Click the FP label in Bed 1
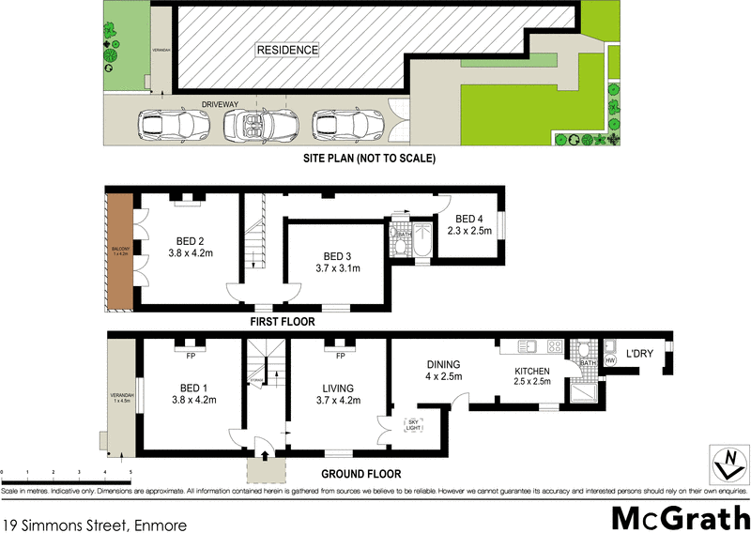pos(190,356)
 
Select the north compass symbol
pos(725,462)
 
